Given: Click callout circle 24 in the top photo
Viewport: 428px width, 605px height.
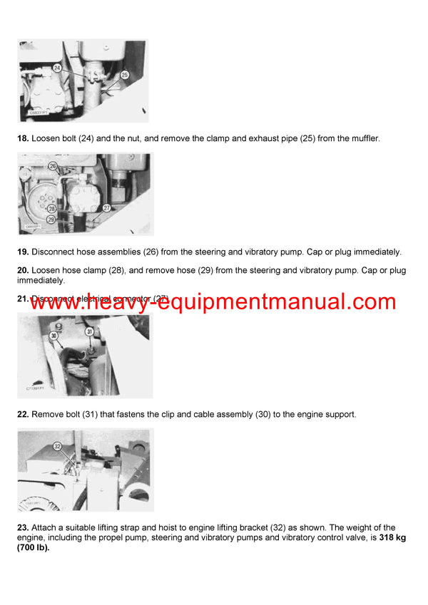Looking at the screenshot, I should click(x=57, y=68).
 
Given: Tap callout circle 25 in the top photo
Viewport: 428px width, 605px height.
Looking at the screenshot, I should click(x=124, y=74).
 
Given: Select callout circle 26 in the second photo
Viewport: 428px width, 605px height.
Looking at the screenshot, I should click(x=52, y=165).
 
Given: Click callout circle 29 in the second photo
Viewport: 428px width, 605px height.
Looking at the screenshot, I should click(x=52, y=219).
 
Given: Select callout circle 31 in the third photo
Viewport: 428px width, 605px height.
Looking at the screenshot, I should click(x=90, y=331).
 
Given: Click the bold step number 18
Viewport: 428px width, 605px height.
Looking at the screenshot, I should click(x=23, y=138).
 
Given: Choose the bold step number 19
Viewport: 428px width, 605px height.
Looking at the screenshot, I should click(x=23, y=252).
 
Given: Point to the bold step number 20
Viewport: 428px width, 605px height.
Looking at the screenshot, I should click(x=23, y=271).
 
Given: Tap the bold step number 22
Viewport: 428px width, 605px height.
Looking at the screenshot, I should click(x=23, y=414).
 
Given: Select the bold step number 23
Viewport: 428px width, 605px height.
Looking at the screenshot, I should click(x=23, y=527).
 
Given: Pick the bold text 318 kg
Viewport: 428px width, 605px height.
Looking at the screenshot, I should click(x=392, y=537).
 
